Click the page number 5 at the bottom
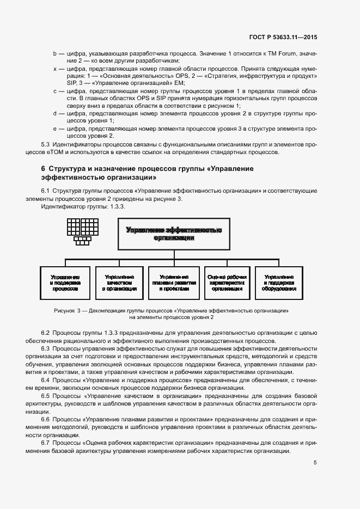(x=315, y=463)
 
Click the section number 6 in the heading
(x=44, y=169)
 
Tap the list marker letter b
(x=54, y=54)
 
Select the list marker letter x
(x=54, y=69)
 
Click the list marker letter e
(x=54, y=128)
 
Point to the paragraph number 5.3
(x=46, y=145)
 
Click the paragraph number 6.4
(x=46, y=379)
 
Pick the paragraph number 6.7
(x=46, y=444)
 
